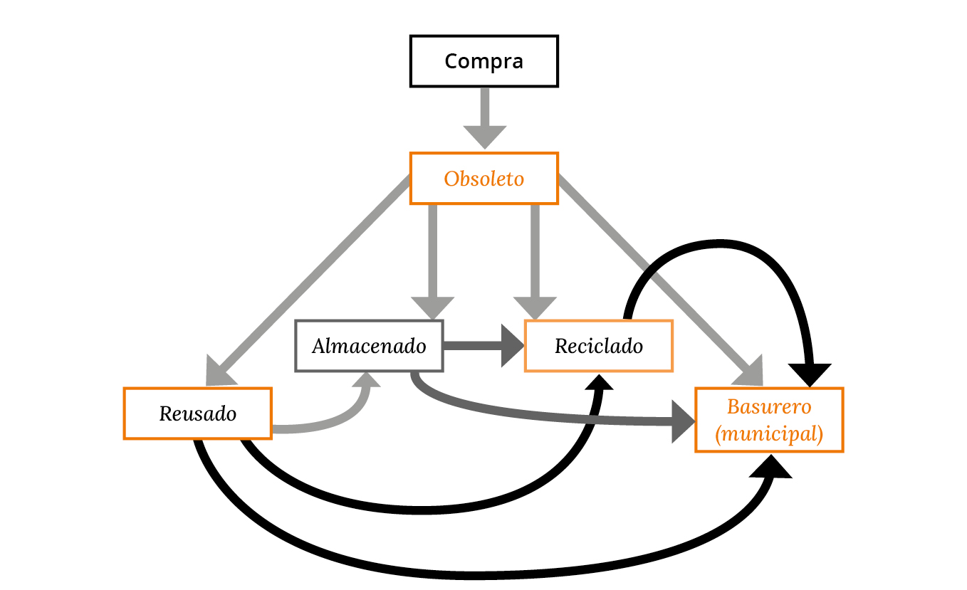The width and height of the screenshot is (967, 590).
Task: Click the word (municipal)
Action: coord(769,433)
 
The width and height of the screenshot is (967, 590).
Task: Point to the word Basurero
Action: coord(769,406)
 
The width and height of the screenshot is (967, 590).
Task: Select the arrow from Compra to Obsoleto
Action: coord(485,119)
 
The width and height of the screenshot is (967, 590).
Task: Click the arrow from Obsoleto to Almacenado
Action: coord(432,262)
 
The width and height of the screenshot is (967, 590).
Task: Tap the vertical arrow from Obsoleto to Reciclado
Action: coord(535,262)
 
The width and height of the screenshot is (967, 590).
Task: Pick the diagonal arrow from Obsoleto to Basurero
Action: coord(661,280)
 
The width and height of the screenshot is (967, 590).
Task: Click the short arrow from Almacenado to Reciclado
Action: coord(483,346)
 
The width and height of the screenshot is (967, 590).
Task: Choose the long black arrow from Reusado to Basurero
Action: coord(475,575)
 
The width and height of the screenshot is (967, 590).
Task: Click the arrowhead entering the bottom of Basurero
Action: coord(771,467)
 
